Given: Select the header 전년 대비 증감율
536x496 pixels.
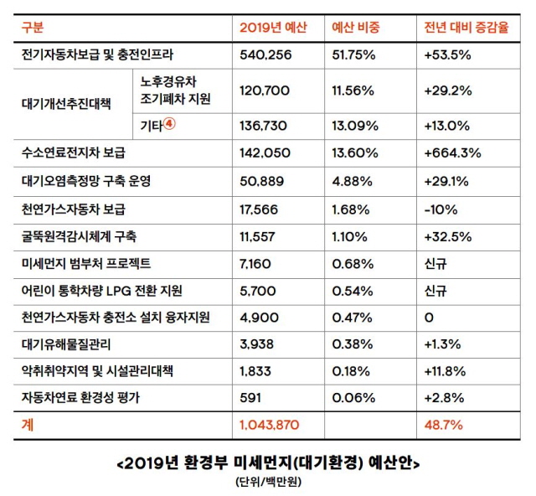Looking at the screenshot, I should (x=466, y=28).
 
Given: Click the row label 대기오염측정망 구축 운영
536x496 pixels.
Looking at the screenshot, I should (x=86, y=180).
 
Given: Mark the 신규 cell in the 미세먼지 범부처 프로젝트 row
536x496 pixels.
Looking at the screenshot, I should (x=437, y=263).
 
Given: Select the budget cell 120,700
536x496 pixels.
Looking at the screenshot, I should (x=265, y=89).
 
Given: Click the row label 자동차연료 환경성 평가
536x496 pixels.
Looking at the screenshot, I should (x=80, y=399).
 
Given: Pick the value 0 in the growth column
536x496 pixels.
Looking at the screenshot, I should (x=430, y=317).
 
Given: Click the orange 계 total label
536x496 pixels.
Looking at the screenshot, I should (x=28, y=426).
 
